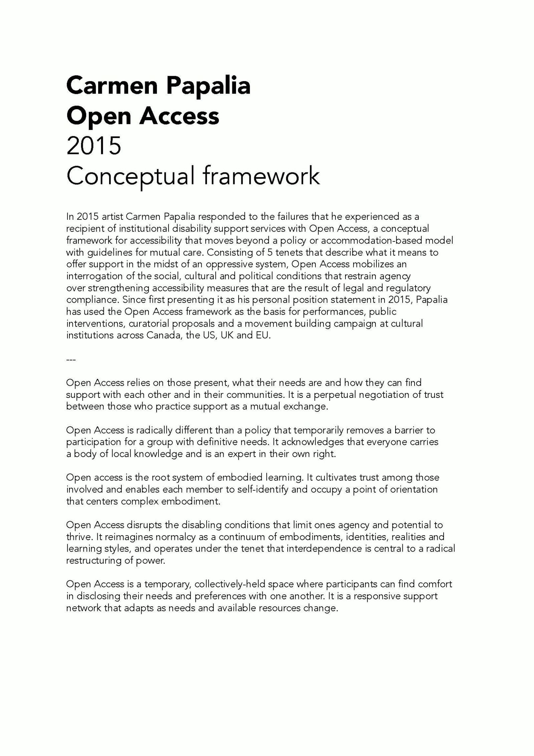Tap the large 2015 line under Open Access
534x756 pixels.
(x=93, y=146)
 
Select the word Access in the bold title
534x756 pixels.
(x=179, y=116)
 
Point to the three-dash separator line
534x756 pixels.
(x=71, y=360)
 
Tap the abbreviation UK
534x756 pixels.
(x=227, y=335)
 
